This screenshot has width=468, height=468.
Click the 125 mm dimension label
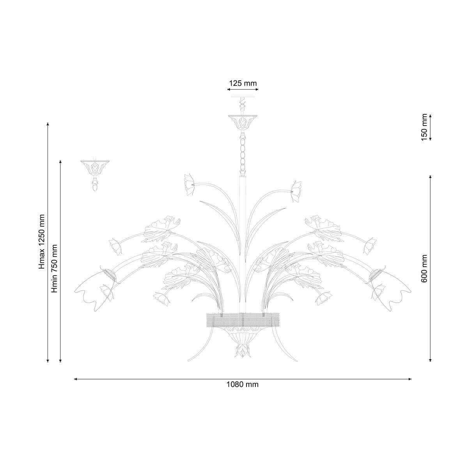pyautogui.click(x=243, y=83)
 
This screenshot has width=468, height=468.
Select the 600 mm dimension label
pyautogui.click(x=424, y=268)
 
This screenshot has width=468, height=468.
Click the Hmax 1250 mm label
pyautogui.click(x=42, y=242)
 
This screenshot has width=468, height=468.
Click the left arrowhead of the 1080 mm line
pyautogui.click(x=76, y=379)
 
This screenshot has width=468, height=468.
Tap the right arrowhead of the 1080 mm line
pyautogui.click(x=410, y=379)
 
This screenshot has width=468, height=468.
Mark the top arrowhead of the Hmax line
pyautogui.click(x=48, y=124)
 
